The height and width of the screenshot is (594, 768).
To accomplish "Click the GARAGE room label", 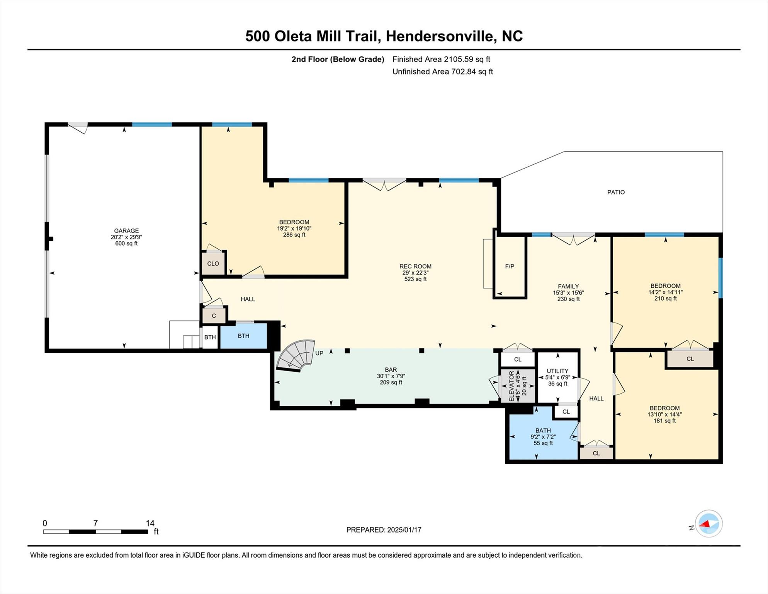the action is [x=126, y=231].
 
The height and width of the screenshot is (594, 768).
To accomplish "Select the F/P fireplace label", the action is [x=510, y=266].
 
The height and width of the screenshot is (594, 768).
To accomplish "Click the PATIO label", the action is [x=616, y=192].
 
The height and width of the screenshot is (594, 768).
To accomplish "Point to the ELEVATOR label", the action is [x=511, y=386].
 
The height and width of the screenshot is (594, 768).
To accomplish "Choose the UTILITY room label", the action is [x=557, y=371].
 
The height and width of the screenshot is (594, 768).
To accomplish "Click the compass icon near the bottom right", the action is [x=709, y=524].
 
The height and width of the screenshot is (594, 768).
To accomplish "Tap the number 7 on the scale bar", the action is [x=95, y=523].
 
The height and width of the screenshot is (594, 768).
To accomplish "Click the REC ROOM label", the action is [x=415, y=266].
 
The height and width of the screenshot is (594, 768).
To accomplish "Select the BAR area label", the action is [x=391, y=370].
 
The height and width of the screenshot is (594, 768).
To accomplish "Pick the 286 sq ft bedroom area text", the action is [x=294, y=235].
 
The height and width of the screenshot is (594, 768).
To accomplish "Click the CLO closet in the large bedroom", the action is [x=213, y=264].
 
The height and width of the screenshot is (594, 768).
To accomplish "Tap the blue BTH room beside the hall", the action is [x=243, y=336].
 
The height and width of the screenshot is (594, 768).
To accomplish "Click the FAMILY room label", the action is [x=568, y=287].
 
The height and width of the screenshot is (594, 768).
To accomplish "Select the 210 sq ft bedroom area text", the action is [x=665, y=299].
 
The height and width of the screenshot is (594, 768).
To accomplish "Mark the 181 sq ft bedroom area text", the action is [x=664, y=421].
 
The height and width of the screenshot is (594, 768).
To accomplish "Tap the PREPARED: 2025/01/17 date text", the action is [x=384, y=530].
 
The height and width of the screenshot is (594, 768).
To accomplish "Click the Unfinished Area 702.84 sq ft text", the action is [x=443, y=72].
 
